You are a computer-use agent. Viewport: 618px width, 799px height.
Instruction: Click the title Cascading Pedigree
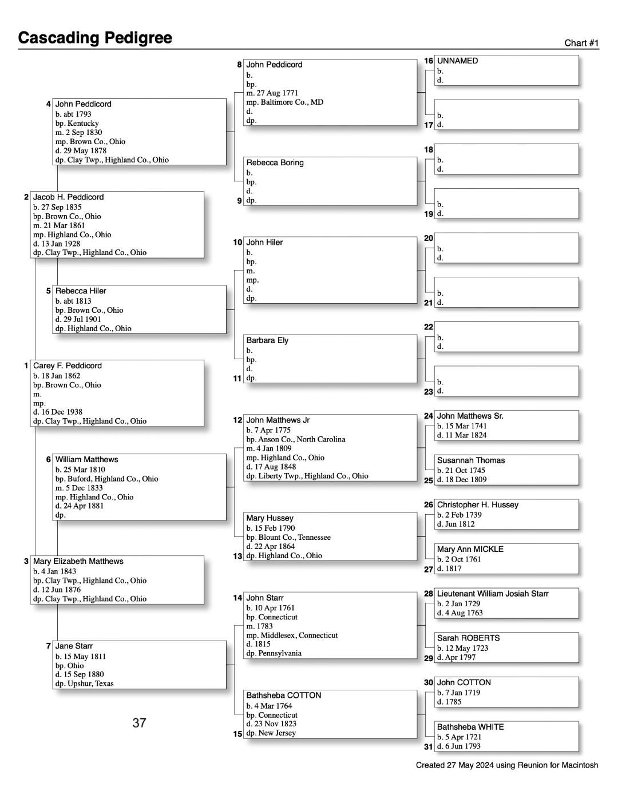click(x=95, y=38)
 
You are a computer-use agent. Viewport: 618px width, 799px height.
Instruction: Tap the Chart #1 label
click(x=581, y=43)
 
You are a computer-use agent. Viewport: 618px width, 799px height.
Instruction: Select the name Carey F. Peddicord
click(x=68, y=366)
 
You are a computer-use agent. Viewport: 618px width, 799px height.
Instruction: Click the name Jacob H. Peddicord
click(x=69, y=197)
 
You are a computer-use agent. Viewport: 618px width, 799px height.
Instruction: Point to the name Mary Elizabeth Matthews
click(x=78, y=562)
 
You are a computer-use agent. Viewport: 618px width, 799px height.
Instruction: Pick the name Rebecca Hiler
click(x=81, y=291)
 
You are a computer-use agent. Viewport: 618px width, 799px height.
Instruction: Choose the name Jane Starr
click(x=74, y=646)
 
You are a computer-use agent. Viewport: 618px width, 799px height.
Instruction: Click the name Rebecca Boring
click(x=275, y=163)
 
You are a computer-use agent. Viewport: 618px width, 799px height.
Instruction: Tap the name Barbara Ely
click(x=267, y=341)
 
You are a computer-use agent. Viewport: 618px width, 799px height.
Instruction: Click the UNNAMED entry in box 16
click(x=457, y=61)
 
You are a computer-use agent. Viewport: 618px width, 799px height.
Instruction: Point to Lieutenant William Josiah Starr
click(x=493, y=594)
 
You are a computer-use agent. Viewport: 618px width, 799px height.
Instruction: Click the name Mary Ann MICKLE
click(x=470, y=550)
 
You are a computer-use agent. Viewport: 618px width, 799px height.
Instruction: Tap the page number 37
click(x=139, y=724)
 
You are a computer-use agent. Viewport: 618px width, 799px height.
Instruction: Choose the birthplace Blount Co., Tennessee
click(x=294, y=538)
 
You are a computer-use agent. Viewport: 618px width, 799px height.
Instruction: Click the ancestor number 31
click(x=428, y=746)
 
